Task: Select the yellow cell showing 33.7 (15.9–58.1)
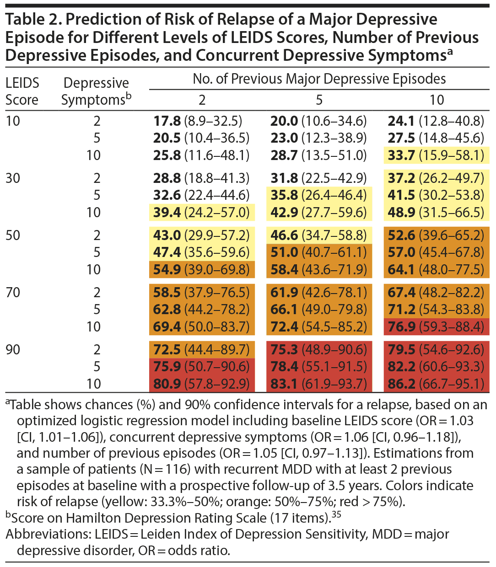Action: tap(436, 155)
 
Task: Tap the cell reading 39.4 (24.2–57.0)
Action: tap(201, 213)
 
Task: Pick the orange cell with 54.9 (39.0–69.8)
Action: tap(201, 270)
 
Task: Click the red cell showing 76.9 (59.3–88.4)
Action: tap(436, 327)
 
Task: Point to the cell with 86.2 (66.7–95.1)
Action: tap(436, 384)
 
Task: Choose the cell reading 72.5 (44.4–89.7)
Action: tap(201, 350)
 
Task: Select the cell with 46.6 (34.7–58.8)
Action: tap(319, 235)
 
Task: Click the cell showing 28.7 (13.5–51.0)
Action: tap(319, 155)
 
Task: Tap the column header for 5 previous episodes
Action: tap(319, 100)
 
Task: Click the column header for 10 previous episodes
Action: tap(437, 100)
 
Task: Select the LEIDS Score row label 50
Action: tap(13, 235)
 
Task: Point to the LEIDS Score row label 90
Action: tap(13, 350)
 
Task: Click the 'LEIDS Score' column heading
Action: tap(22, 91)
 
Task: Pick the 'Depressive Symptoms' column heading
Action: tap(96, 91)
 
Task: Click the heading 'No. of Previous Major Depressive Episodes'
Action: tap(319, 79)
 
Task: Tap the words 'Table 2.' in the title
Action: tap(32, 20)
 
